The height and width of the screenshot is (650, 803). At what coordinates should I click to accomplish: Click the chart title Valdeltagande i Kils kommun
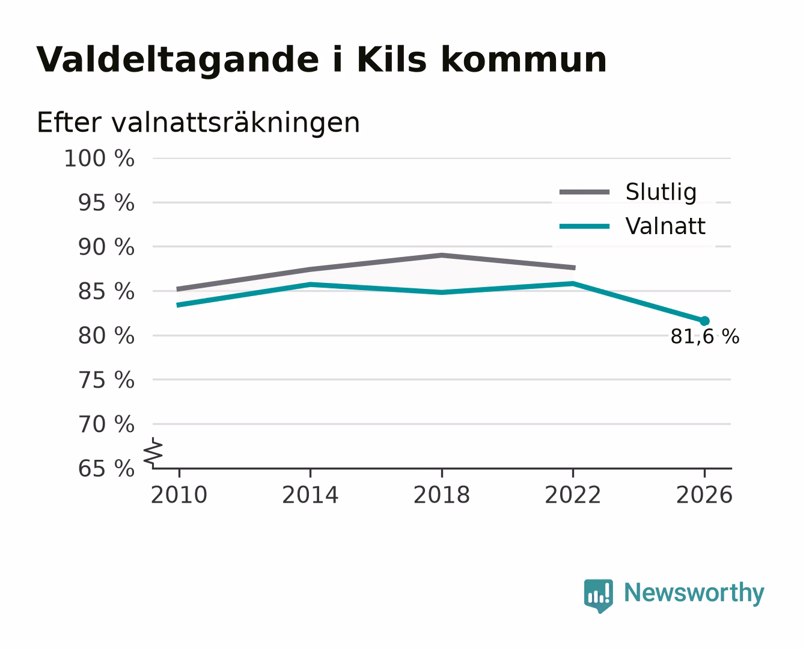click(x=321, y=60)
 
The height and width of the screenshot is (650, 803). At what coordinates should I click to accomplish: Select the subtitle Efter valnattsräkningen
click(x=198, y=123)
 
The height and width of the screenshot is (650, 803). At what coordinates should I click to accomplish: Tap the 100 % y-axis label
click(x=99, y=158)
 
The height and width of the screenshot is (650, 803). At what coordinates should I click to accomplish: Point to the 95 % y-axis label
click(x=106, y=203)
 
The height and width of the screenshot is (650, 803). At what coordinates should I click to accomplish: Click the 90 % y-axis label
click(x=106, y=247)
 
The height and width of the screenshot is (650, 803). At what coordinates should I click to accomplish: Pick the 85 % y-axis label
click(x=106, y=291)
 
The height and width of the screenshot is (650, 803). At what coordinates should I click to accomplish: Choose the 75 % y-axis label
click(x=106, y=380)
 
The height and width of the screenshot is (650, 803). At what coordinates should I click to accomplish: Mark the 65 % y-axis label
click(x=106, y=469)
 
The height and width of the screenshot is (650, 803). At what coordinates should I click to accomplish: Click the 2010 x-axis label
click(x=179, y=495)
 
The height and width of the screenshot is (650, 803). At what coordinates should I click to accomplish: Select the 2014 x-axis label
click(x=310, y=495)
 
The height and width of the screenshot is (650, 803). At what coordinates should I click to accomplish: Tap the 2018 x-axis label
click(x=442, y=495)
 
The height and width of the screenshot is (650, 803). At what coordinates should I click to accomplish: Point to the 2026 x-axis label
click(x=704, y=495)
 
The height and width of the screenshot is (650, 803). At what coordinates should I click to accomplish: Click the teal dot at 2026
click(x=704, y=321)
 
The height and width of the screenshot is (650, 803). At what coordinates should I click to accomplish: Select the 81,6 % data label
click(x=704, y=336)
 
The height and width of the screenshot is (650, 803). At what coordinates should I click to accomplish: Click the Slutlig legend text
click(x=661, y=192)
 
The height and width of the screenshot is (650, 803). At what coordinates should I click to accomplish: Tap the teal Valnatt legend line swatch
click(x=584, y=226)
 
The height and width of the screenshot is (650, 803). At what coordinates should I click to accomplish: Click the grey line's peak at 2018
click(x=442, y=256)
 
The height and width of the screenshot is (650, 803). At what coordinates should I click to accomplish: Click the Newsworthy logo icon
click(x=598, y=596)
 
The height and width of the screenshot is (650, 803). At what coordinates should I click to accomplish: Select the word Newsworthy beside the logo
click(x=694, y=593)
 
